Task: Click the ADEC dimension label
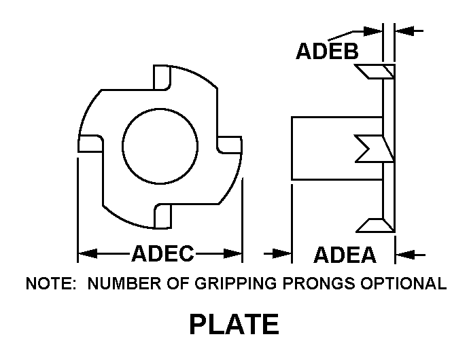point(162,253)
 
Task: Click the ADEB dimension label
point(327,51)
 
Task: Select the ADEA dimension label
point(345,255)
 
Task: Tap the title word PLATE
point(234,324)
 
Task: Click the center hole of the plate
point(160,146)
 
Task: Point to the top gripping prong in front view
point(162,77)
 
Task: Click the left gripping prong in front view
point(90,144)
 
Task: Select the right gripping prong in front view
point(230,145)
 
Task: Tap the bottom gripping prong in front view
point(162,216)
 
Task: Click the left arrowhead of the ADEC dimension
point(88,253)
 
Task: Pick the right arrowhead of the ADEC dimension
point(232,253)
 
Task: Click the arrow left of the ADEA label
point(277,254)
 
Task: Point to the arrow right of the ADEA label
point(410,255)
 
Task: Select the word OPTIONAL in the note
point(404,283)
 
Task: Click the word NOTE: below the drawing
point(51,283)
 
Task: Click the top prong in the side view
point(375,72)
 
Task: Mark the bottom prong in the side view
point(375,226)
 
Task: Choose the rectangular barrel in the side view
point(337,148)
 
